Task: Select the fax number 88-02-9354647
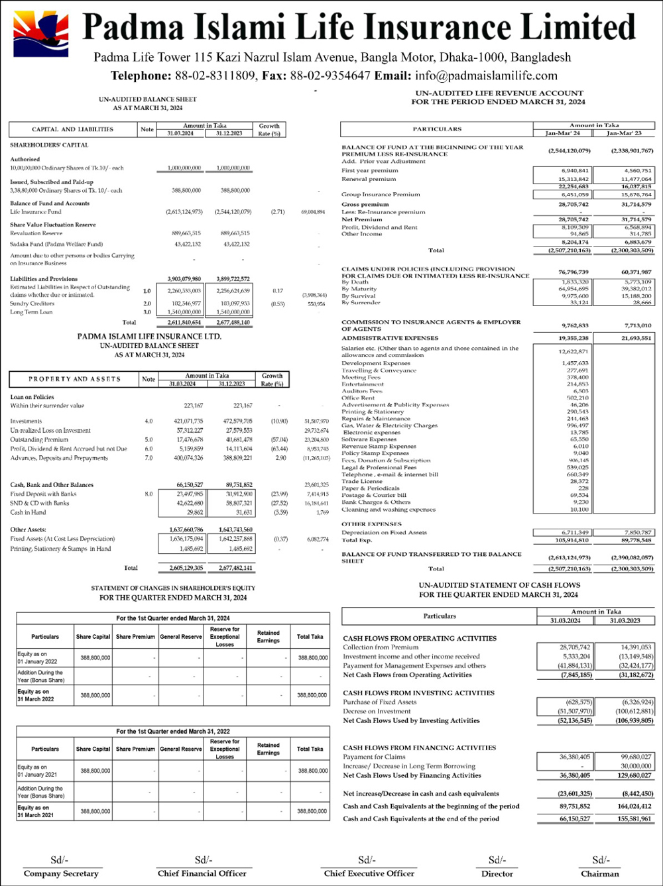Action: (330, 76)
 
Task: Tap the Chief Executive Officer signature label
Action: (369, 873)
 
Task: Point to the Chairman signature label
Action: (600, 873)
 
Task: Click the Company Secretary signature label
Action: (61, 873)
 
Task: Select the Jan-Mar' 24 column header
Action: (562, 133)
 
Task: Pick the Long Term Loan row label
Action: (31, 312)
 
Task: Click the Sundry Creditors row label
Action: (32, 304)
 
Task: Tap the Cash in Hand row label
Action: (28, 512)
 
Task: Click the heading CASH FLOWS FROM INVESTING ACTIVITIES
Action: (418, 693)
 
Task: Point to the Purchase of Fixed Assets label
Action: (380, 702)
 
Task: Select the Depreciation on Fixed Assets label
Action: (384, 533)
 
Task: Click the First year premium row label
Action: (370, 171)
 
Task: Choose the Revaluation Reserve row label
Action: (36, 233)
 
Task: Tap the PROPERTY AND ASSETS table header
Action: (74, 379)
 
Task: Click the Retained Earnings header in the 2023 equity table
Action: (268, 637)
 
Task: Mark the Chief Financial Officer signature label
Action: (202, 873)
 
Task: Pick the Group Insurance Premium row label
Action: (381, 195)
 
